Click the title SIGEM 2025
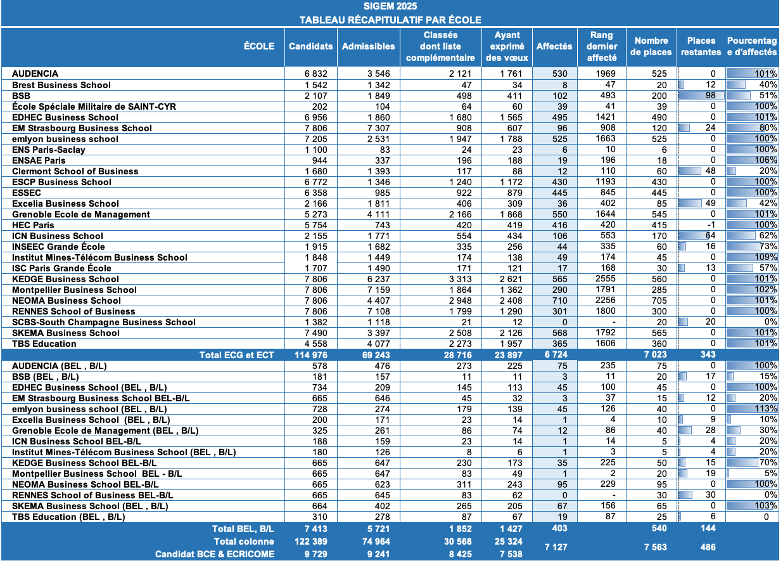pos(390,7)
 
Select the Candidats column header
pos(310,46)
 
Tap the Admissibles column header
pos(368,46)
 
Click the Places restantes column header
pos(701,46)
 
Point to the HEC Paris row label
pos(34,225)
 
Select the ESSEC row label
pos(27,193)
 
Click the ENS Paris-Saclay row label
pos(49,150)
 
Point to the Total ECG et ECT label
pos(236,355)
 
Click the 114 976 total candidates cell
pos(311,355)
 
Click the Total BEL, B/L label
pos(244,528)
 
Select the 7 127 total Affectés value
pos(556,547)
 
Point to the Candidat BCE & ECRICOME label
pos(215,554)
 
